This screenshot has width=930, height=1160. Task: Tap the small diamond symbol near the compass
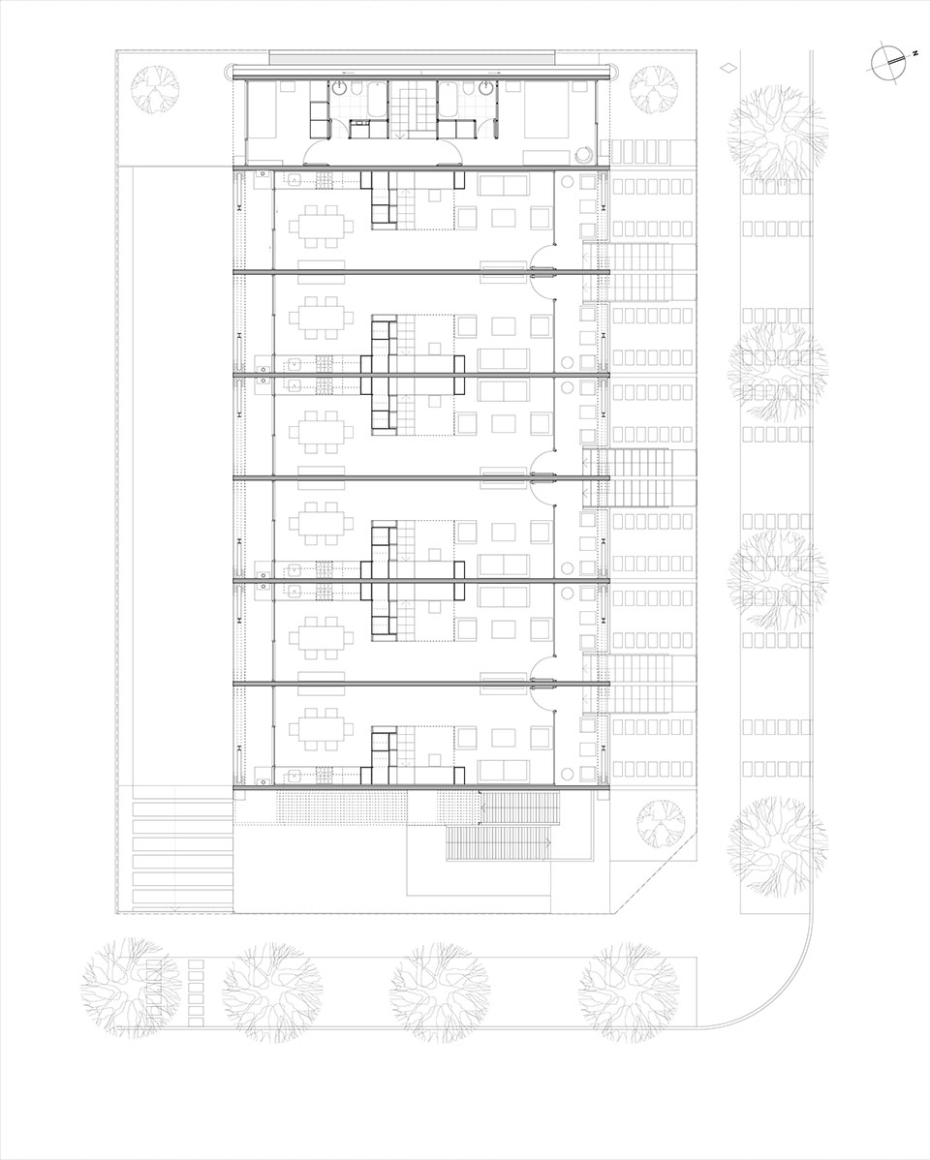730,67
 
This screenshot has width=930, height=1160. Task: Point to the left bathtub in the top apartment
375,102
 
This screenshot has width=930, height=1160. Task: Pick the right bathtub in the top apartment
448,102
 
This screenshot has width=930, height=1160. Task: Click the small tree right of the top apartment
654,89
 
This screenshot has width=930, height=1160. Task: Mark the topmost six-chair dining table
322,225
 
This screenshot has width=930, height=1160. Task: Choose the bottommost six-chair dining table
322,727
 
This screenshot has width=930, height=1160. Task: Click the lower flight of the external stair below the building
498,844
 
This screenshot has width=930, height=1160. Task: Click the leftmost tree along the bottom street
131,988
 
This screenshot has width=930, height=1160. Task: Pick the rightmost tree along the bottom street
630,992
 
